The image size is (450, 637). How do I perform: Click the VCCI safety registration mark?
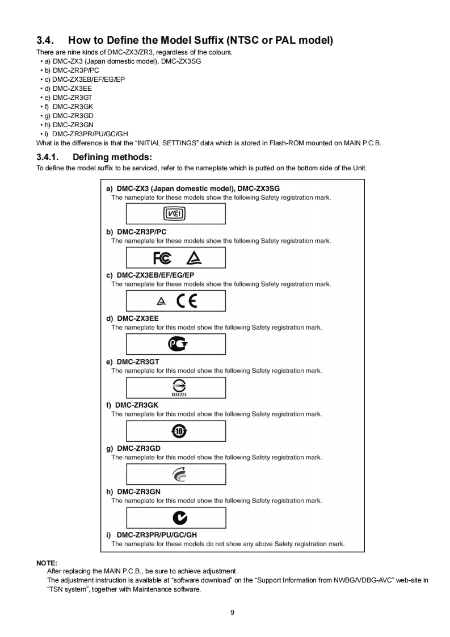click(175, 213)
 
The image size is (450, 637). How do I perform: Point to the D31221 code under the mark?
click(175, 393)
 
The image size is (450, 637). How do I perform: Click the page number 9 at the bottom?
click(232, 612)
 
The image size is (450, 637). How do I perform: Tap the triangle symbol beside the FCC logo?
click(194, 258)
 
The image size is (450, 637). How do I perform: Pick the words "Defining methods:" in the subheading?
click(113, 157)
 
